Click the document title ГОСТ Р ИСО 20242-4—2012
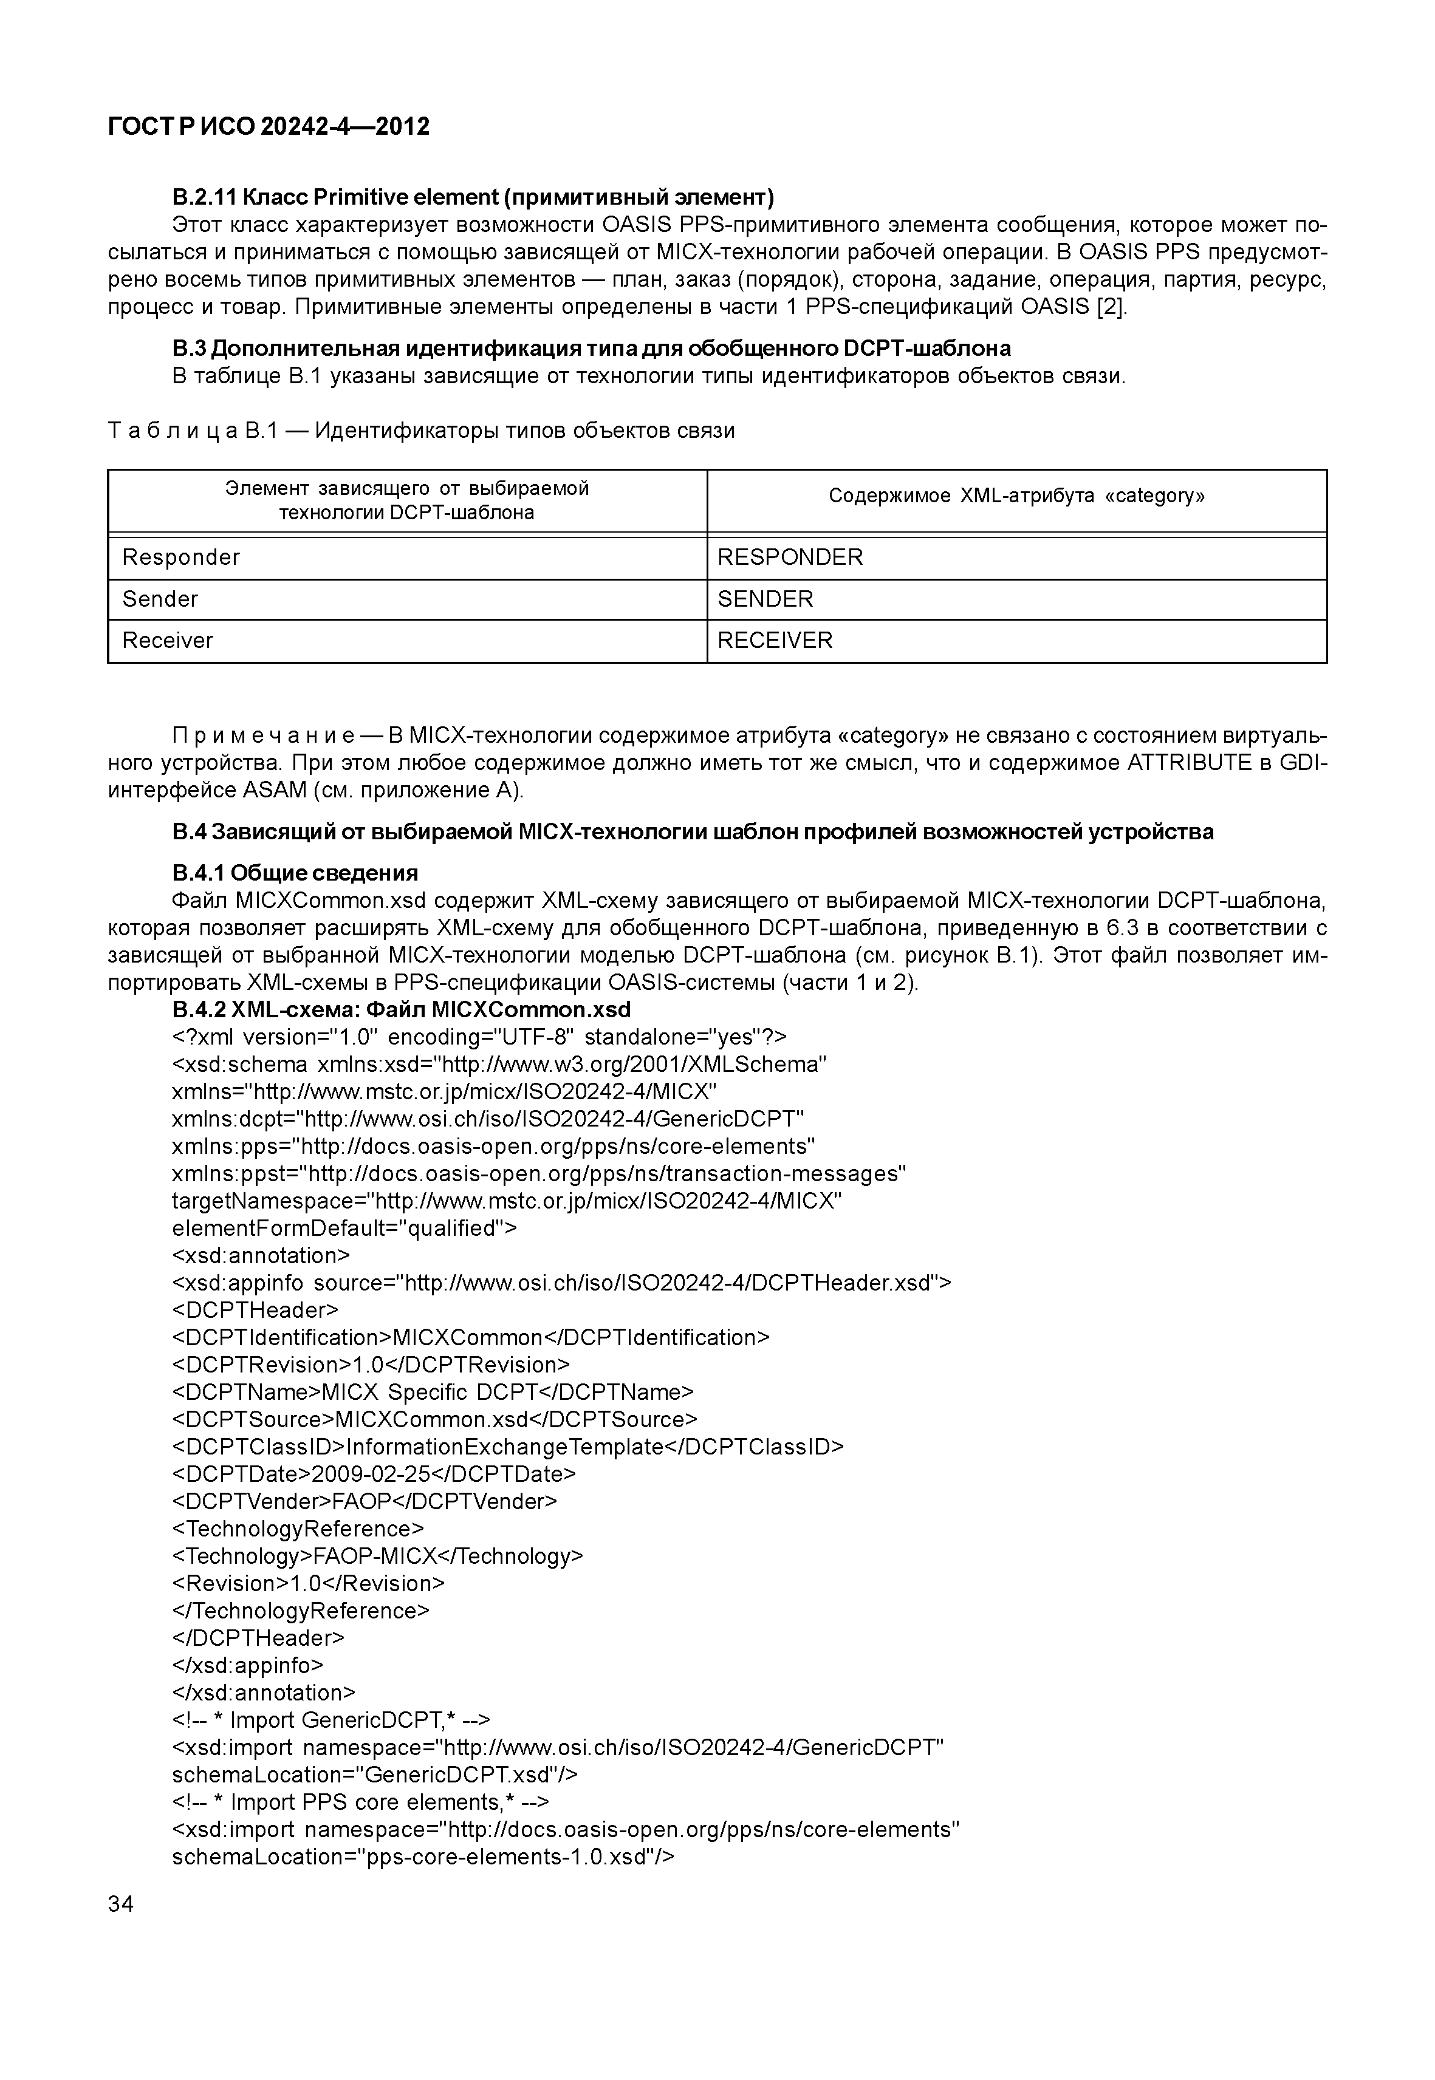coord(268,127)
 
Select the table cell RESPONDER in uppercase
coord(789,558)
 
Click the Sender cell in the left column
coord(160,599)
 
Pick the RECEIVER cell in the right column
coord(775,640)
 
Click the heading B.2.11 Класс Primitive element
coord(473,197)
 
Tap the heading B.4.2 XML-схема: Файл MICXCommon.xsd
coord(401,1009)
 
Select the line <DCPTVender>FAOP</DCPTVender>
coord(364,1501)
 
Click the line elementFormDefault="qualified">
coord(344,1228)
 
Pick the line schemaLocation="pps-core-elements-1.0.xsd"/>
coord(423,1857)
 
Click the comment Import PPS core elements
coord(360,1802)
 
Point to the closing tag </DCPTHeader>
coord(258,1638)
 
